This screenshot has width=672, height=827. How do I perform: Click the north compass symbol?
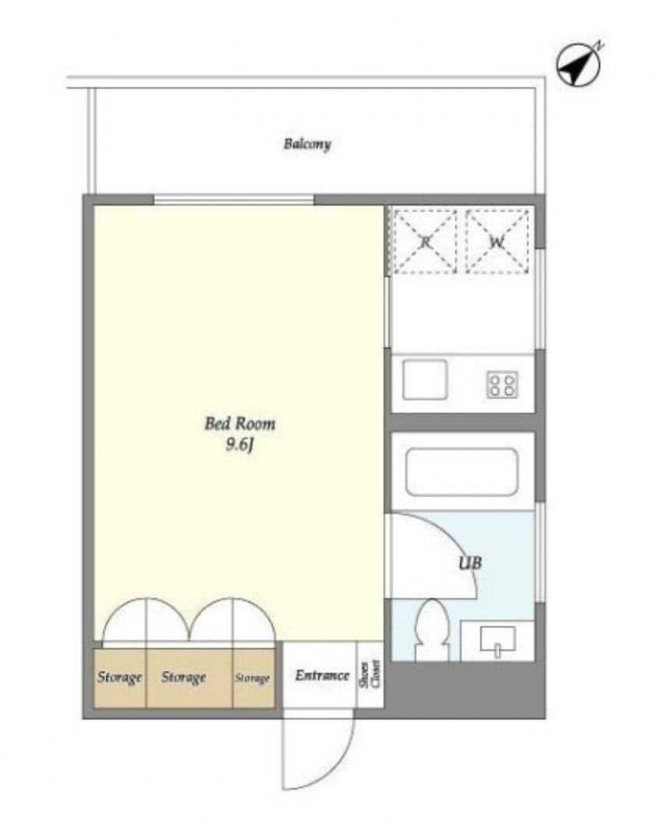pyautogui.click(x=579, y=65)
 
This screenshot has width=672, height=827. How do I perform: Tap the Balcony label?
pyautogui.click(x=307, y=144)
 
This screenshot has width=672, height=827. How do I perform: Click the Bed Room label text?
pyautogui.click(x=239, y=424)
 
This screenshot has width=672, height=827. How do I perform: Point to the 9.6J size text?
pyautogui.click(x=240, y=445)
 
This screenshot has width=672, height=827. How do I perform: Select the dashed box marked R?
pyautogui.click(x=425, y=241)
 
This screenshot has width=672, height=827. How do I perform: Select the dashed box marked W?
pyautogui.click(x=497, y=241)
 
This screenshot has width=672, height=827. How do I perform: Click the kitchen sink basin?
pyautogui.click(x=424, y=379)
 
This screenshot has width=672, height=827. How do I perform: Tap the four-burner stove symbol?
pyautogui.click(x=502, y=385)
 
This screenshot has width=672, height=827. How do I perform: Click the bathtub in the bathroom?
pyautogui.click(x=462, y=472)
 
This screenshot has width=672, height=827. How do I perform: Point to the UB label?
pyautogui.click(x=470, y=563)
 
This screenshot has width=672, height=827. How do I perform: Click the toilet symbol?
pyautogui.click(x=432, y=630)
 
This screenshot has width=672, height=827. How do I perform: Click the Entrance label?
pyautogui.click(x=322, y=675)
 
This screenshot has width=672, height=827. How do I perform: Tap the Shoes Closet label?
pyautogui.click(x=370, y=674)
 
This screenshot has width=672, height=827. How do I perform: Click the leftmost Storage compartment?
pyautogui.click(x=120, y=678)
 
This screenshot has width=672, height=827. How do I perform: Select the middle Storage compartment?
pyautogui.click(x=189, y=678)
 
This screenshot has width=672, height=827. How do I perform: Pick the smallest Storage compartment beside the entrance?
pyautogui.click(x=254, y=678)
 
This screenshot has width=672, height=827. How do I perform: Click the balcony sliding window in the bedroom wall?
pyautogui.click(x=234, y=200)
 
